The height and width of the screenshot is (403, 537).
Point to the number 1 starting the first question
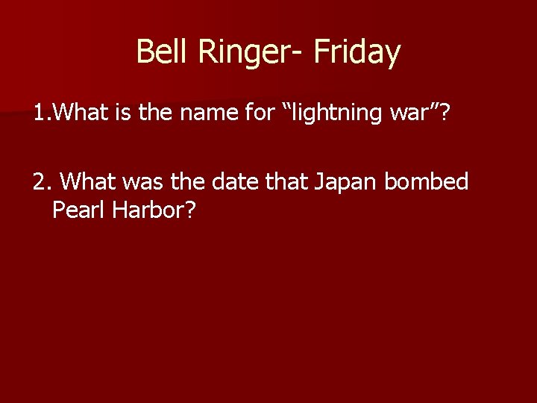click(x=37, y=113)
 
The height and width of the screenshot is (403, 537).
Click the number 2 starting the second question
click(x=38, y=182)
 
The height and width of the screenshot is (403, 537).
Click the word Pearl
click(x=79, y=210)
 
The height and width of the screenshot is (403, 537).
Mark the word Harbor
click(x=147, y=210)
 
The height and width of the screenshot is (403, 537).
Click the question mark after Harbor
click(x=191, y=210)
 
